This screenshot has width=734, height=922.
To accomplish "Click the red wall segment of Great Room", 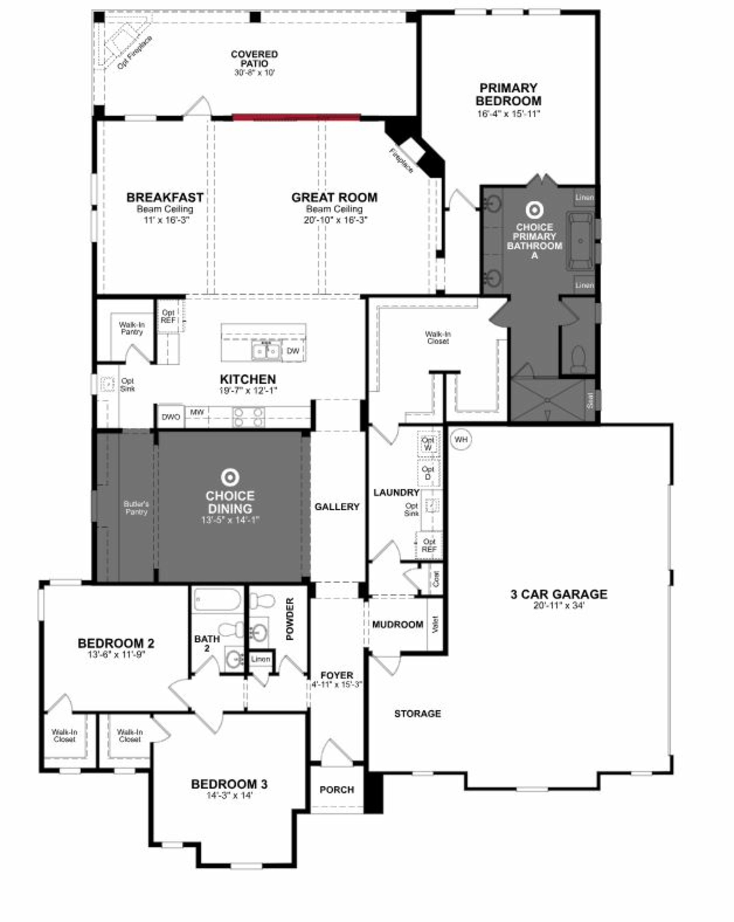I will coord(296,117).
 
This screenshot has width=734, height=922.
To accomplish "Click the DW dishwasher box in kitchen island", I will coord(293,351).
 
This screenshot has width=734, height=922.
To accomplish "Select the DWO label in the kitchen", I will coord(171,416).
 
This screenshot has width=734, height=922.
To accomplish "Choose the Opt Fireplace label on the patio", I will coord(134,53).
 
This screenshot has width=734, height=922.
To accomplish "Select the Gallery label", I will coord(337,507).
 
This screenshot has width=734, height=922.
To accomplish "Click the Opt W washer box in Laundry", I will coord(428,443).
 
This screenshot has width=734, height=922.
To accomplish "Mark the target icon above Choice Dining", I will coord(230,477).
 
